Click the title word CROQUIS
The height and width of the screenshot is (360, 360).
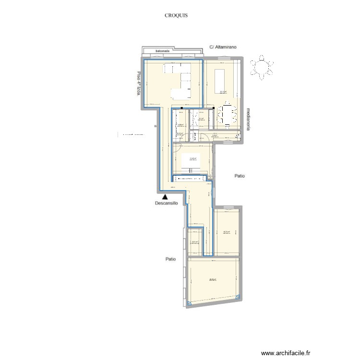tap(176, 15)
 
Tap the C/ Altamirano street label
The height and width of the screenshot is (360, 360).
tap(224, 47)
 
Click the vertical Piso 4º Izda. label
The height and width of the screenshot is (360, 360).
tap(139, 84)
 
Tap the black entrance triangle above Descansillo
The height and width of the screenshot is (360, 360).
tap(165, 196)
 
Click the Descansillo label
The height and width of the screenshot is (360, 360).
tap(167, 203)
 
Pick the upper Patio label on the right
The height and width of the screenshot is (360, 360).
tap(240, 176)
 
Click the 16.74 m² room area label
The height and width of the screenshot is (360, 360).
tap(226, 232)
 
